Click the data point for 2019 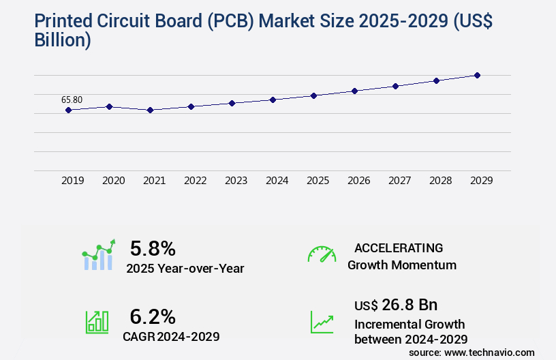pyautogui.click(x=68, y=110)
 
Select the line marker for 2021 pyautogui.click(x=150, y=110)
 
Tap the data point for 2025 pyautogui.click(x=313, y=95)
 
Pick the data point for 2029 pyautogui.click(x=477, y=75)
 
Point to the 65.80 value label pyautogui.click(x=72, y=100)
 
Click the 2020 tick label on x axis pyautogui.click(x=113, y=181)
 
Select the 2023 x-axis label pyautogui.click(x=236, y=181)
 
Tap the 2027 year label pyautogui.click(x=399, y=181)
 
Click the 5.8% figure pyautogui.click(x=153, y=248)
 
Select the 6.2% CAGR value pyautogui.click(x=153, y=316)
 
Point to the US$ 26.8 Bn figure pyautogui.click(x=396, y=304)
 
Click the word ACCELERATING pyautogui.click(x=399, y=247)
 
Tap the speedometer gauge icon pyautogui.click(x=322, y=254)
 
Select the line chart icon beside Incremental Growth pyautogui.click(x=322, y=322)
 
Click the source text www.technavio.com pyautogui.click(x=489, y=352)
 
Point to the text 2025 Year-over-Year pyautogui.click(x=185, y=269)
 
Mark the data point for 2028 pyautogui.click(x=436, y=80)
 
